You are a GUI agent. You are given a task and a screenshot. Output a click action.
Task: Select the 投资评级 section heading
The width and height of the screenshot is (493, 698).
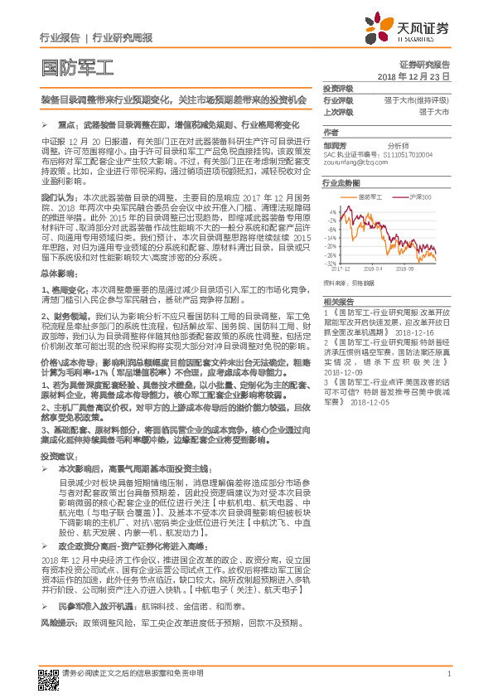coord(338,89)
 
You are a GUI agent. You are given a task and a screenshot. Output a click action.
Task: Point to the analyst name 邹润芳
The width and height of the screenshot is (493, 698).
coord(335,144)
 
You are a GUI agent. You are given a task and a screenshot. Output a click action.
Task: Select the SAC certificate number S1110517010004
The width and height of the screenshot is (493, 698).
coord(414,153)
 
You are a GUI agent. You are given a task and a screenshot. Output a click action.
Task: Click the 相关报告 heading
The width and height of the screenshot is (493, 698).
coord(338,301)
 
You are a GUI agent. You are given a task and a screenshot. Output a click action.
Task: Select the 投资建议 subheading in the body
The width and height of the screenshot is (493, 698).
coord(56,457)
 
